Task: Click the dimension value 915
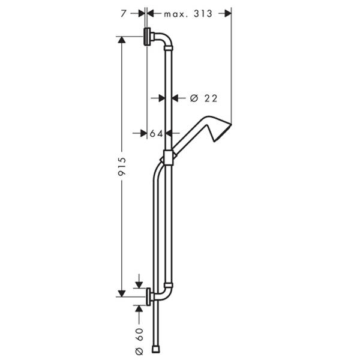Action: (x=122, y=167)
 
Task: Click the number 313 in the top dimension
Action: (x=203, y=14)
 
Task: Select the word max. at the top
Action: (x=176, y=14)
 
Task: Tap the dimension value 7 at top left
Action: (x=124, y=14)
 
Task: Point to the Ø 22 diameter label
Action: (x=203, y=98)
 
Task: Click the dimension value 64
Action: (x=157, y=133)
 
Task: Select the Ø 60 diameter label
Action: (x=139, y=341)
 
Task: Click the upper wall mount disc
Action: (x=147, y=37)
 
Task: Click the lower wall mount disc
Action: (x=149, y=296)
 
